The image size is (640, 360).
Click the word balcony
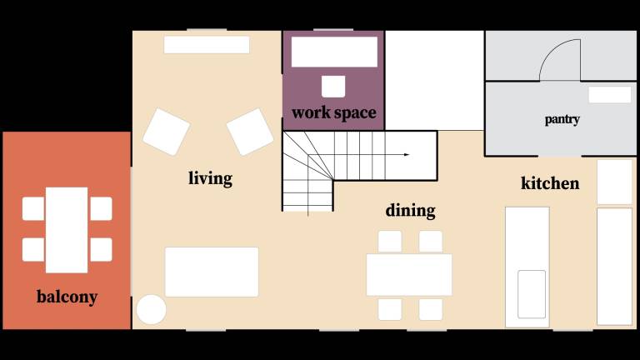click(67, 297)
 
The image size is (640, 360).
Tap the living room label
click(210, 178)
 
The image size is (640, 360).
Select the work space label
click(334, 113)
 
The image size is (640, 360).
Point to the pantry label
click(562, 120)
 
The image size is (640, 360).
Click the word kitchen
click(550, 183)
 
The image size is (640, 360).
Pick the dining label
click(410, 211)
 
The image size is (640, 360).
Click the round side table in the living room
click(152, 309)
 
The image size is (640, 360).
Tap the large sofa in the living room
click(212, 272)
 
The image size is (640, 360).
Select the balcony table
click(67, 230)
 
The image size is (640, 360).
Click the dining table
click(409, 275)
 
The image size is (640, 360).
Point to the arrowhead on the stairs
click(407, 155)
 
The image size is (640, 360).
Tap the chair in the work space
click(333, 87)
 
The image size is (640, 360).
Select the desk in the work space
click(334, 52)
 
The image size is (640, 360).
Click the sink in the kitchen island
click(532, 294)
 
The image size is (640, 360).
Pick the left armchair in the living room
click(166, 132)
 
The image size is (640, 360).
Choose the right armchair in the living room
click(250, 132)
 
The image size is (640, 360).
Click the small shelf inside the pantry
click(610, 95)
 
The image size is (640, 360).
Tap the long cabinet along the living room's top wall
click(207, 45)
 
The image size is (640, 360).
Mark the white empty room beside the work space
click(434, 80)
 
